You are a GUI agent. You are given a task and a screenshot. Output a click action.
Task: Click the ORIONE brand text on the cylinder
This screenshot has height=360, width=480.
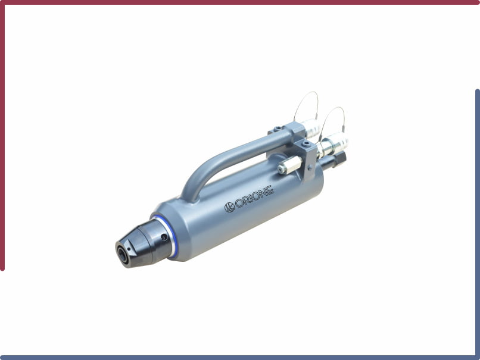[x=254, y=197]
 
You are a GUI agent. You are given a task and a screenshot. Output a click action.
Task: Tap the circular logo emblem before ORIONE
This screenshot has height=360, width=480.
[x=229, y=207]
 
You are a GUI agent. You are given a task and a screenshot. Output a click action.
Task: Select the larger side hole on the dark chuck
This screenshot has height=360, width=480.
[x=164, y=237]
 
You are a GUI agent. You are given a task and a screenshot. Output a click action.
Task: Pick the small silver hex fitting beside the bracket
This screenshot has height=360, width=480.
[x=289, y=165]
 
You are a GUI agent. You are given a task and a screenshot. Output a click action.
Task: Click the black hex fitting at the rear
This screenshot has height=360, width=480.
[x=339, y=158]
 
